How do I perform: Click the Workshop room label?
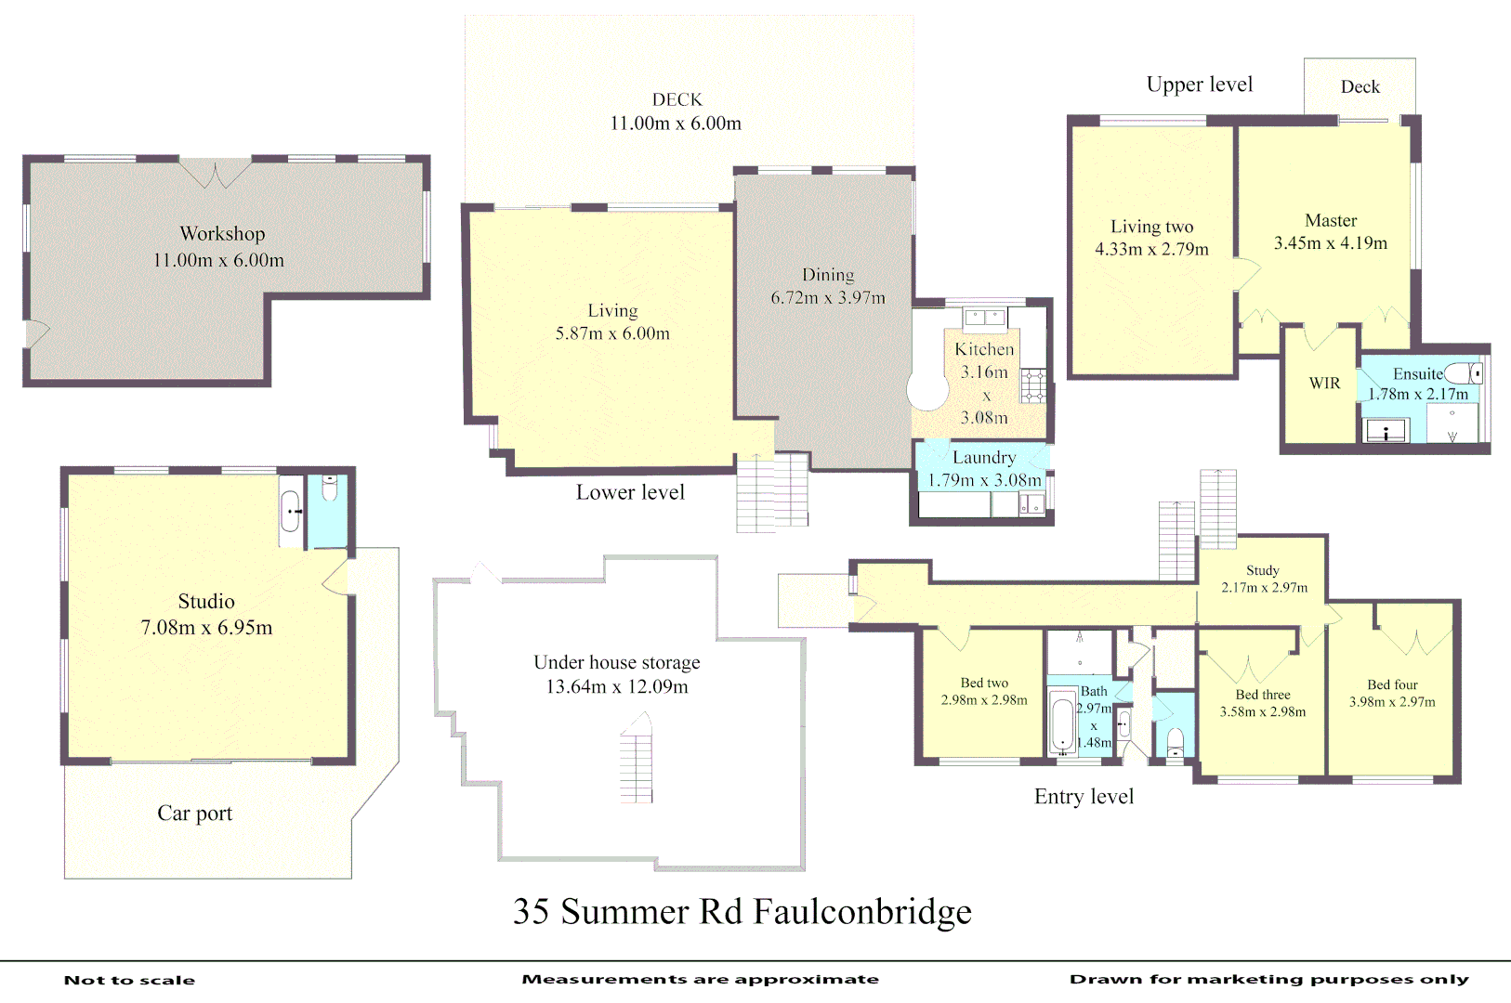[222, 234]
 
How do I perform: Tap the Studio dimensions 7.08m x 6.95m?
[206, 628]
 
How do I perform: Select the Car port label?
[194, 814]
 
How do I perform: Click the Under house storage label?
[616, 662]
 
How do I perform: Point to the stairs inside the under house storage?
[637, 759]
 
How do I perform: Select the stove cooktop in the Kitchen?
[1032, 385]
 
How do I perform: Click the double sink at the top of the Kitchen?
[985, 317]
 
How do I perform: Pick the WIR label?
[1324, 384]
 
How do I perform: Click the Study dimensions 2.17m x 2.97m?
[1264, 588]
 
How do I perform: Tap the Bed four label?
[1392, 684]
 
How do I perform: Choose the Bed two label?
[984, 683]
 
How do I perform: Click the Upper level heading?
[1200, 85]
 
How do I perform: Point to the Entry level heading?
[1084, 797]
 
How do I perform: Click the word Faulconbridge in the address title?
[862, 912]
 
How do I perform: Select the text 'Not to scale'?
[129, 980]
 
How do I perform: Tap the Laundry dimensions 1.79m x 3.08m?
[984, 480]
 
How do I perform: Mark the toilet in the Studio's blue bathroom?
[329, 488]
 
